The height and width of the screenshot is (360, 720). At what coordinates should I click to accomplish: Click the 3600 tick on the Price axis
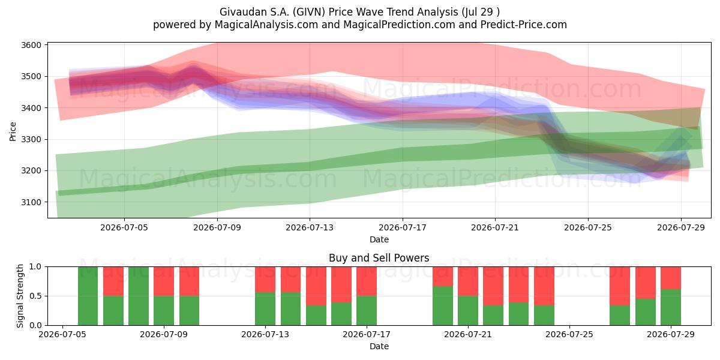click(x=31, y=45)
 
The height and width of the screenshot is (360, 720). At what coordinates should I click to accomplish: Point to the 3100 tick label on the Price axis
click(x=31, y=202)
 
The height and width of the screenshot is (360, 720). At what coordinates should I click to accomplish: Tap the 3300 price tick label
click(x=31, y=139)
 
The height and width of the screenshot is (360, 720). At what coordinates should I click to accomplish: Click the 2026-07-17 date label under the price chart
click(x=403, y=227)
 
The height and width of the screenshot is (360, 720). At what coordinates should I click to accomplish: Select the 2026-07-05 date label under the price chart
click(x=124, y=227)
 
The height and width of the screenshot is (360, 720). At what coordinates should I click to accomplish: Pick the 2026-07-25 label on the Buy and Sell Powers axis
click(x=569, y=334)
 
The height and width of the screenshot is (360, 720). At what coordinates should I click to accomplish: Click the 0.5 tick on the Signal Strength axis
click(x=35, y=296)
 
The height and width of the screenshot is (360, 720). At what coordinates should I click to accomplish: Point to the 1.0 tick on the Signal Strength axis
click(x=35, y=266)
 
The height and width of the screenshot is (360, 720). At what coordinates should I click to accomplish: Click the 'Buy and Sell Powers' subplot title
click(x=379, y=258)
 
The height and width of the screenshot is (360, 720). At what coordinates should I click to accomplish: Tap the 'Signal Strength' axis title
click(x=20, y=296)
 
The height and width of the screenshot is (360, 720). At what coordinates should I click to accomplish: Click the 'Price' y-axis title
click(x=13, y=131)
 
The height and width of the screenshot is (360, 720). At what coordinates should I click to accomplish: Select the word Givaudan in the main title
click(x=239, y=12)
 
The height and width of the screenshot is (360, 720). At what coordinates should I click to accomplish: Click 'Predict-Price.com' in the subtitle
click(x=524, y=25)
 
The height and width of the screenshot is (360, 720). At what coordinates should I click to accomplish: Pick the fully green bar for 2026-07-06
click(x=88, y=296)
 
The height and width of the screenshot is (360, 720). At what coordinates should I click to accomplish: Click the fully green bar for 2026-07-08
click(x=139, y=296)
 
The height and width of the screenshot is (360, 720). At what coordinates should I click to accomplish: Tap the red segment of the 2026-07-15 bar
click(x=316, y=286)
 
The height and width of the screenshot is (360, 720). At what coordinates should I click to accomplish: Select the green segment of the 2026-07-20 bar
click(x=443, y=305)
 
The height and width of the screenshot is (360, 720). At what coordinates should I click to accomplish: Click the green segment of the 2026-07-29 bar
click(x=671, y=307)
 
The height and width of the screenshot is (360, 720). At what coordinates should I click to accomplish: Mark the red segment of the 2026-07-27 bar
click(x=620, y=286)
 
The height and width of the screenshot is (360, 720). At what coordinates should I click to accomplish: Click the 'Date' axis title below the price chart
click(x=379, y=239)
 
